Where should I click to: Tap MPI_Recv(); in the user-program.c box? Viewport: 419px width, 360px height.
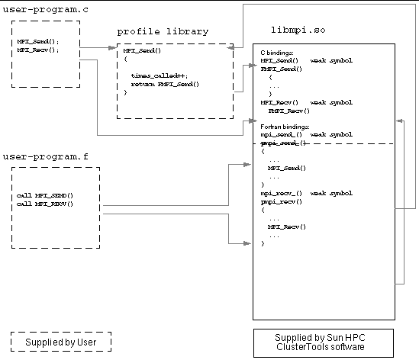coord(37,50)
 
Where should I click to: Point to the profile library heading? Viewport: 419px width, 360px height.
coord(162,31)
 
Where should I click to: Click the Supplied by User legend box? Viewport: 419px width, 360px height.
coord(60,342)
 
